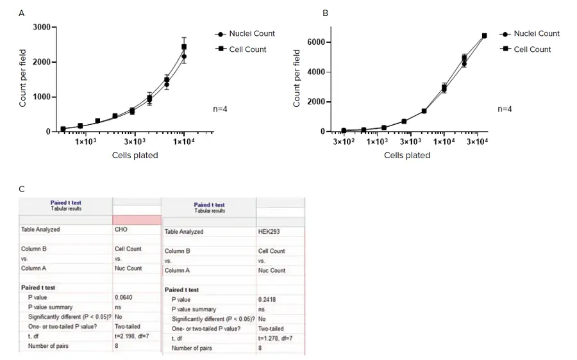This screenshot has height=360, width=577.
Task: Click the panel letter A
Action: click(22, 13)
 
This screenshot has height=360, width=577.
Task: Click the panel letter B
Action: click(325, 13)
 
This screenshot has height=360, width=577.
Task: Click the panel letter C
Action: click(22, 189)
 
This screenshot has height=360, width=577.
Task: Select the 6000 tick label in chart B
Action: click(317, 42)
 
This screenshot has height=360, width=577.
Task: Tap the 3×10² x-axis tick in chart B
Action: click(344, 142)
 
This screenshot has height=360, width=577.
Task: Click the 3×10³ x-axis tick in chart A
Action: click(135, 142)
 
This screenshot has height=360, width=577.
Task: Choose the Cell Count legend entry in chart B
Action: click(532, 49)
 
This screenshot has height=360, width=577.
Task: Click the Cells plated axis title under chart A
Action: click(135, 155)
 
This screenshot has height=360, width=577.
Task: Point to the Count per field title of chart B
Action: click(297, 78)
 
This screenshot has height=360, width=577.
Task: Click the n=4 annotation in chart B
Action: click(505, 109)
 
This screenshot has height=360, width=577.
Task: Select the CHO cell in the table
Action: click(121, 229)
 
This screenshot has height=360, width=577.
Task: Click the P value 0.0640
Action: click(124, 297)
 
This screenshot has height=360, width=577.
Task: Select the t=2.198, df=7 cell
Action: click(132, 336)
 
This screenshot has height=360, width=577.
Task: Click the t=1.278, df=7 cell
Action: click(276, 338)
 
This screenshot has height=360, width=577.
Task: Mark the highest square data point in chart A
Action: click(184, 47)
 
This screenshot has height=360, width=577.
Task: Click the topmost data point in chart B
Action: click(484, 36)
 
